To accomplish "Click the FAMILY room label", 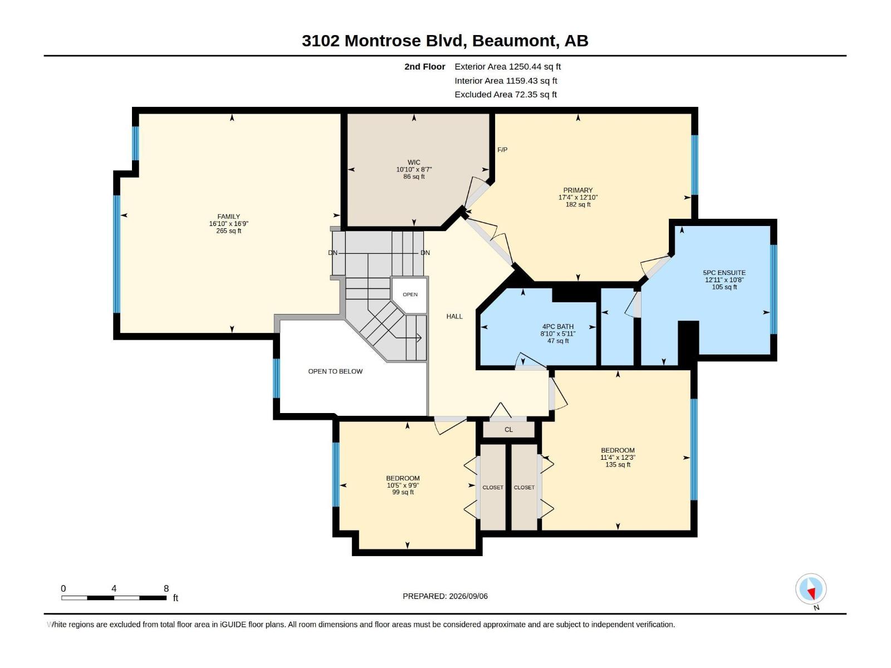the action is [x=228, y=217].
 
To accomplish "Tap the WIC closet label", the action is [x=414, y=162].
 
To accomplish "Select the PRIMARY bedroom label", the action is [x=577, y=190].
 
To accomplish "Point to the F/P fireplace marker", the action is [x=502, y=150].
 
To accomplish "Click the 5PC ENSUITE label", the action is [x=724, y=273].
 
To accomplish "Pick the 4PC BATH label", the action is [x=558, y=327].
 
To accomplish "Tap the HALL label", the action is [x=454, y=316].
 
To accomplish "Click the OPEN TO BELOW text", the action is [x=335, y=371].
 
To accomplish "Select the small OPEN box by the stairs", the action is [x=410, y=295].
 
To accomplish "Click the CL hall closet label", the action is [x=508, y=430].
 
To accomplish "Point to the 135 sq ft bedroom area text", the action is [x=618, y=465].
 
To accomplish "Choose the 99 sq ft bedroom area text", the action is [x=403, y=493].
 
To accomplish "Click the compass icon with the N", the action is [x=811, y=590].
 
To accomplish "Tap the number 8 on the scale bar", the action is [x=166, y=588].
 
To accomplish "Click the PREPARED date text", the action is [x=445, y=596].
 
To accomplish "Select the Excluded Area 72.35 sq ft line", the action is [x=506, y=95].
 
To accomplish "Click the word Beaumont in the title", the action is [x=514, y=41].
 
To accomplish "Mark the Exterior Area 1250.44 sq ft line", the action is [x=507, y=66].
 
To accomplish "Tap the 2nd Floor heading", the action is [x=424, y=66].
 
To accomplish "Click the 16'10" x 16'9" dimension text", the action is [x=228, y=224].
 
